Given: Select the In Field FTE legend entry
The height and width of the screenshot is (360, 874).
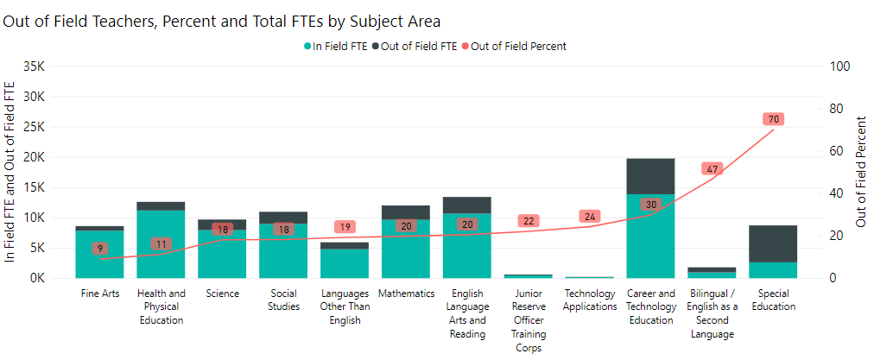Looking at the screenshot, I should point(337,46).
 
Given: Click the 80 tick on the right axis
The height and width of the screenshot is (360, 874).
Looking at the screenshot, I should point(837,109).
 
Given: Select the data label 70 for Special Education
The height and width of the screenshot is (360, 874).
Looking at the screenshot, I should point(773,119).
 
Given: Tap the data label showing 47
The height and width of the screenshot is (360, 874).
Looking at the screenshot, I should point(711,169).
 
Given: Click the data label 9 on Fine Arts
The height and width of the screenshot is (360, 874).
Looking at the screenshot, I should point(99,249).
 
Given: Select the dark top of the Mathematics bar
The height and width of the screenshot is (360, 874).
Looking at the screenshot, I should point(405,212).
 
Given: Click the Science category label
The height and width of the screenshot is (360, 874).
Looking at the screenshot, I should point(222,294).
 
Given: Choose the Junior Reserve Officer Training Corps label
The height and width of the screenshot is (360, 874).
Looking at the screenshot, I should point(528,320).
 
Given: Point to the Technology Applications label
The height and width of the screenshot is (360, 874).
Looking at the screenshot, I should point(590,300).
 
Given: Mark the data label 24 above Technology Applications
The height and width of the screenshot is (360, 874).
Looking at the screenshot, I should point(590,217).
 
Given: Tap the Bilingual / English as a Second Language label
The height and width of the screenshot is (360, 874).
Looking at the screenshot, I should point(712,313).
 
